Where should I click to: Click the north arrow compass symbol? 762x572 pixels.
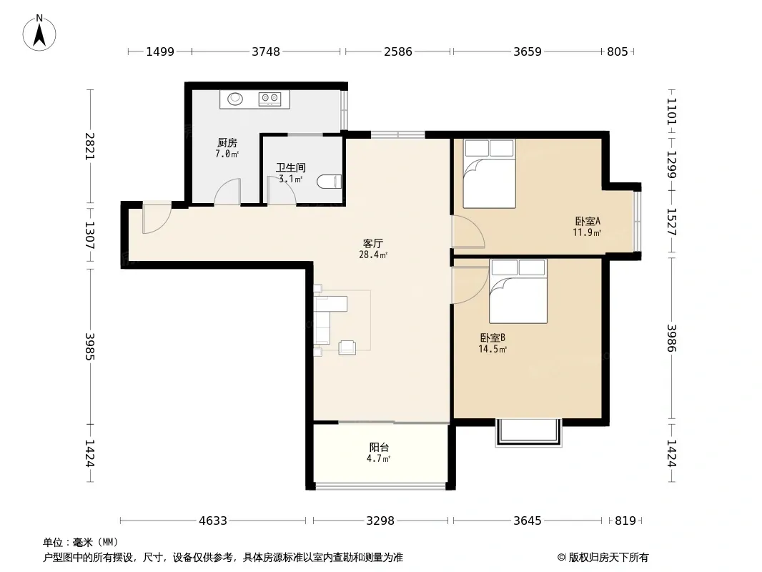(39, 33)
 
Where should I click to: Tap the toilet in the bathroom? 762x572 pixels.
(330, 182)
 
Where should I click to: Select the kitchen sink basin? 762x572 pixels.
(236, 99)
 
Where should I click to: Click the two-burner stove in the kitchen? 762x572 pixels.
(270, 99)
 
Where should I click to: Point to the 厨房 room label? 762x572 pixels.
(227, 143)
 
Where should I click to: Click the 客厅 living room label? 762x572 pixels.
(373, 244)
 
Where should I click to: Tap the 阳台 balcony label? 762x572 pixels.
(379, 447)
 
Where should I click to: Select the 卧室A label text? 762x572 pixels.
(588, 221)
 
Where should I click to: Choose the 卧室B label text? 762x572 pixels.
(493, 337)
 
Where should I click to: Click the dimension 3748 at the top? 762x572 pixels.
(266, 51)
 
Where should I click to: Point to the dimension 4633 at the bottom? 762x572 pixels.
(213, 521)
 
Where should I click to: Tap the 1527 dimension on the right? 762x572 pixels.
(671, 222)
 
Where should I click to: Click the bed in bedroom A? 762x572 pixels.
(489, 174)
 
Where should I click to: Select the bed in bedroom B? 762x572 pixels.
(518, 291)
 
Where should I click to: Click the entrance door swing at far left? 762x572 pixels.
(156, 219)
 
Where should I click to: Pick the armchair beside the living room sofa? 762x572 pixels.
(347, 347)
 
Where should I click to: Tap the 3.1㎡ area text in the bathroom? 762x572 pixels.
(291, 179)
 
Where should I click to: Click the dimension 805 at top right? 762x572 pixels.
(617, 51)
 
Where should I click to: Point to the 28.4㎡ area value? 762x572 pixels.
(373, 255)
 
